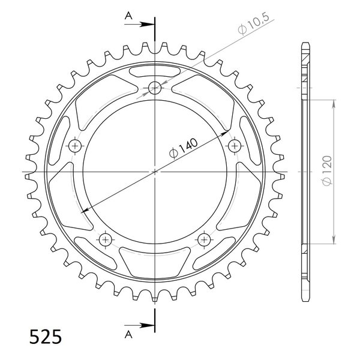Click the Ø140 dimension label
183,148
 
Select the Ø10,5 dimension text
253,25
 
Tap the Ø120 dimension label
327,170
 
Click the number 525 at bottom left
46,337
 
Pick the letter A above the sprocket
128,16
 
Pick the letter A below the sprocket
128,335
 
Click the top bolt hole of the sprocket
155,88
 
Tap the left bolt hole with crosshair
75,146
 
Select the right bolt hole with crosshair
235,146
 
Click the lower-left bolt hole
106,239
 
